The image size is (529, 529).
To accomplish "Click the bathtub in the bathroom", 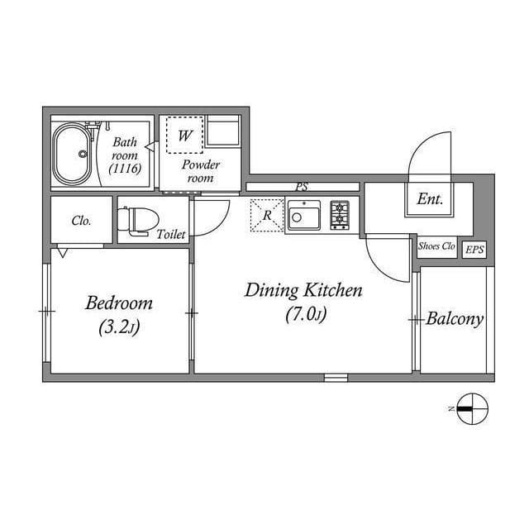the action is pos(72,155).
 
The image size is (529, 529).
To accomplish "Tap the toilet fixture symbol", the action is pos(138,221).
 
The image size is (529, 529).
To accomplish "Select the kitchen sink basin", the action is pos(303,215).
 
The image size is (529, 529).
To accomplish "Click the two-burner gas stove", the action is pos(340,215).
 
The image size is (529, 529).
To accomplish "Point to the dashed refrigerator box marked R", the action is pos(267,215).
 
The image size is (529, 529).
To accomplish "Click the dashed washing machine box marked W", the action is pos(184,136).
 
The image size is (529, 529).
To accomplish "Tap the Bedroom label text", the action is pos(119,303).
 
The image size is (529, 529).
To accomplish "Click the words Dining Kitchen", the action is pos(303,290).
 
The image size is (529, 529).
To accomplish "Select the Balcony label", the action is pos(455,319).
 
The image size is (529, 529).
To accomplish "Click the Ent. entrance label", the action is pos(430,199).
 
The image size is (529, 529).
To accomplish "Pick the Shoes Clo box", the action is pos(437,246).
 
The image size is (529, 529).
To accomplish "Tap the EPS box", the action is pos(474,250).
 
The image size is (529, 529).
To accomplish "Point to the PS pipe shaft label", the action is pos(302,187).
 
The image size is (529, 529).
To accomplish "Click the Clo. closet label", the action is pos(81,221).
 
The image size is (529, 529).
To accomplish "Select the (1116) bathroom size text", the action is pos(125,169).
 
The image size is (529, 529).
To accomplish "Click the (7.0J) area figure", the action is pos(306,315).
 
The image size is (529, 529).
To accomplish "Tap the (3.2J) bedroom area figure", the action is pos(119,327).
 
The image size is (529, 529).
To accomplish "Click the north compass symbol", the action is pos(472,409).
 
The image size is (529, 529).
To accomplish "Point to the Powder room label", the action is pos(200,171).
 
